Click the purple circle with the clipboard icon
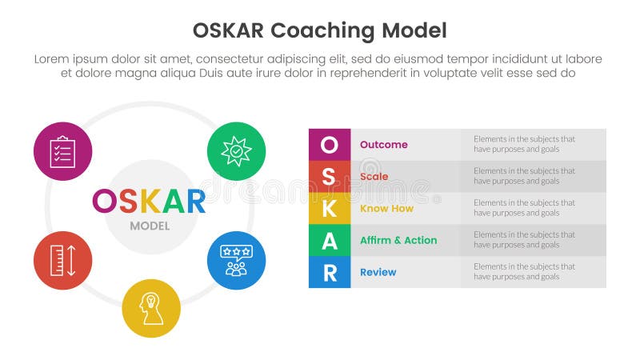pos(62,151)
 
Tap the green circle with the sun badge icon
pos(236,150)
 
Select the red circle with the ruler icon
pos(62,260)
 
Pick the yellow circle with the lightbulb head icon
pos(151,308)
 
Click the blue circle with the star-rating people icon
pos(236,260)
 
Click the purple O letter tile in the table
pos(329,145)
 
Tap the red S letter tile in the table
pos(329,177)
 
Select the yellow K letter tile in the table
pos(329,208)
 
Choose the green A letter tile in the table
pos(329,240)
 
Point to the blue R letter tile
pos(329,272)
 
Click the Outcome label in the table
pos(383,145)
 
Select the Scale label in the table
pos(374,177)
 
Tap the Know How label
pos(386,208)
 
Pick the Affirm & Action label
pos(398,240)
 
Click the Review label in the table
pos(378,272)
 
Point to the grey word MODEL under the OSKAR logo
pos(150,226)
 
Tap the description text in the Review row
pos(524,272)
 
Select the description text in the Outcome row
pos(524,144)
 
